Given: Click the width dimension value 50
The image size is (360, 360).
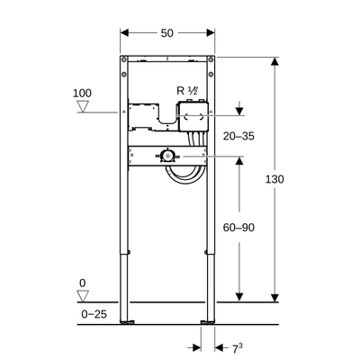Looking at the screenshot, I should click(167, 32).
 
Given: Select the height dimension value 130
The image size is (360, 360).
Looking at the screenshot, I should click(274, 180).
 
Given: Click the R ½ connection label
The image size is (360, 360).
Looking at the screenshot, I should click(188, 90).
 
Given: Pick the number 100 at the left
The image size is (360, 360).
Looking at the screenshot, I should click(83, 94).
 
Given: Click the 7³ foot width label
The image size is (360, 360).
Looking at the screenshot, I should click(233, 346).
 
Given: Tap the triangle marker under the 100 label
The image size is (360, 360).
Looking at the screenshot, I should click(83, 108).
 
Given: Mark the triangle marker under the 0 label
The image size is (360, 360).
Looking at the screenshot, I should click(83, 297).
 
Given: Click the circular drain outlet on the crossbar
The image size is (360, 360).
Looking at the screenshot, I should click(167, 155).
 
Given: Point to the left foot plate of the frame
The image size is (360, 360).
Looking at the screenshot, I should click(132, 320).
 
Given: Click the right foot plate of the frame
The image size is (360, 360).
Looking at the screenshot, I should click(209, 320).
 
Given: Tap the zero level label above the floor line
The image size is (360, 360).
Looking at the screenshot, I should click(83, 283).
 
